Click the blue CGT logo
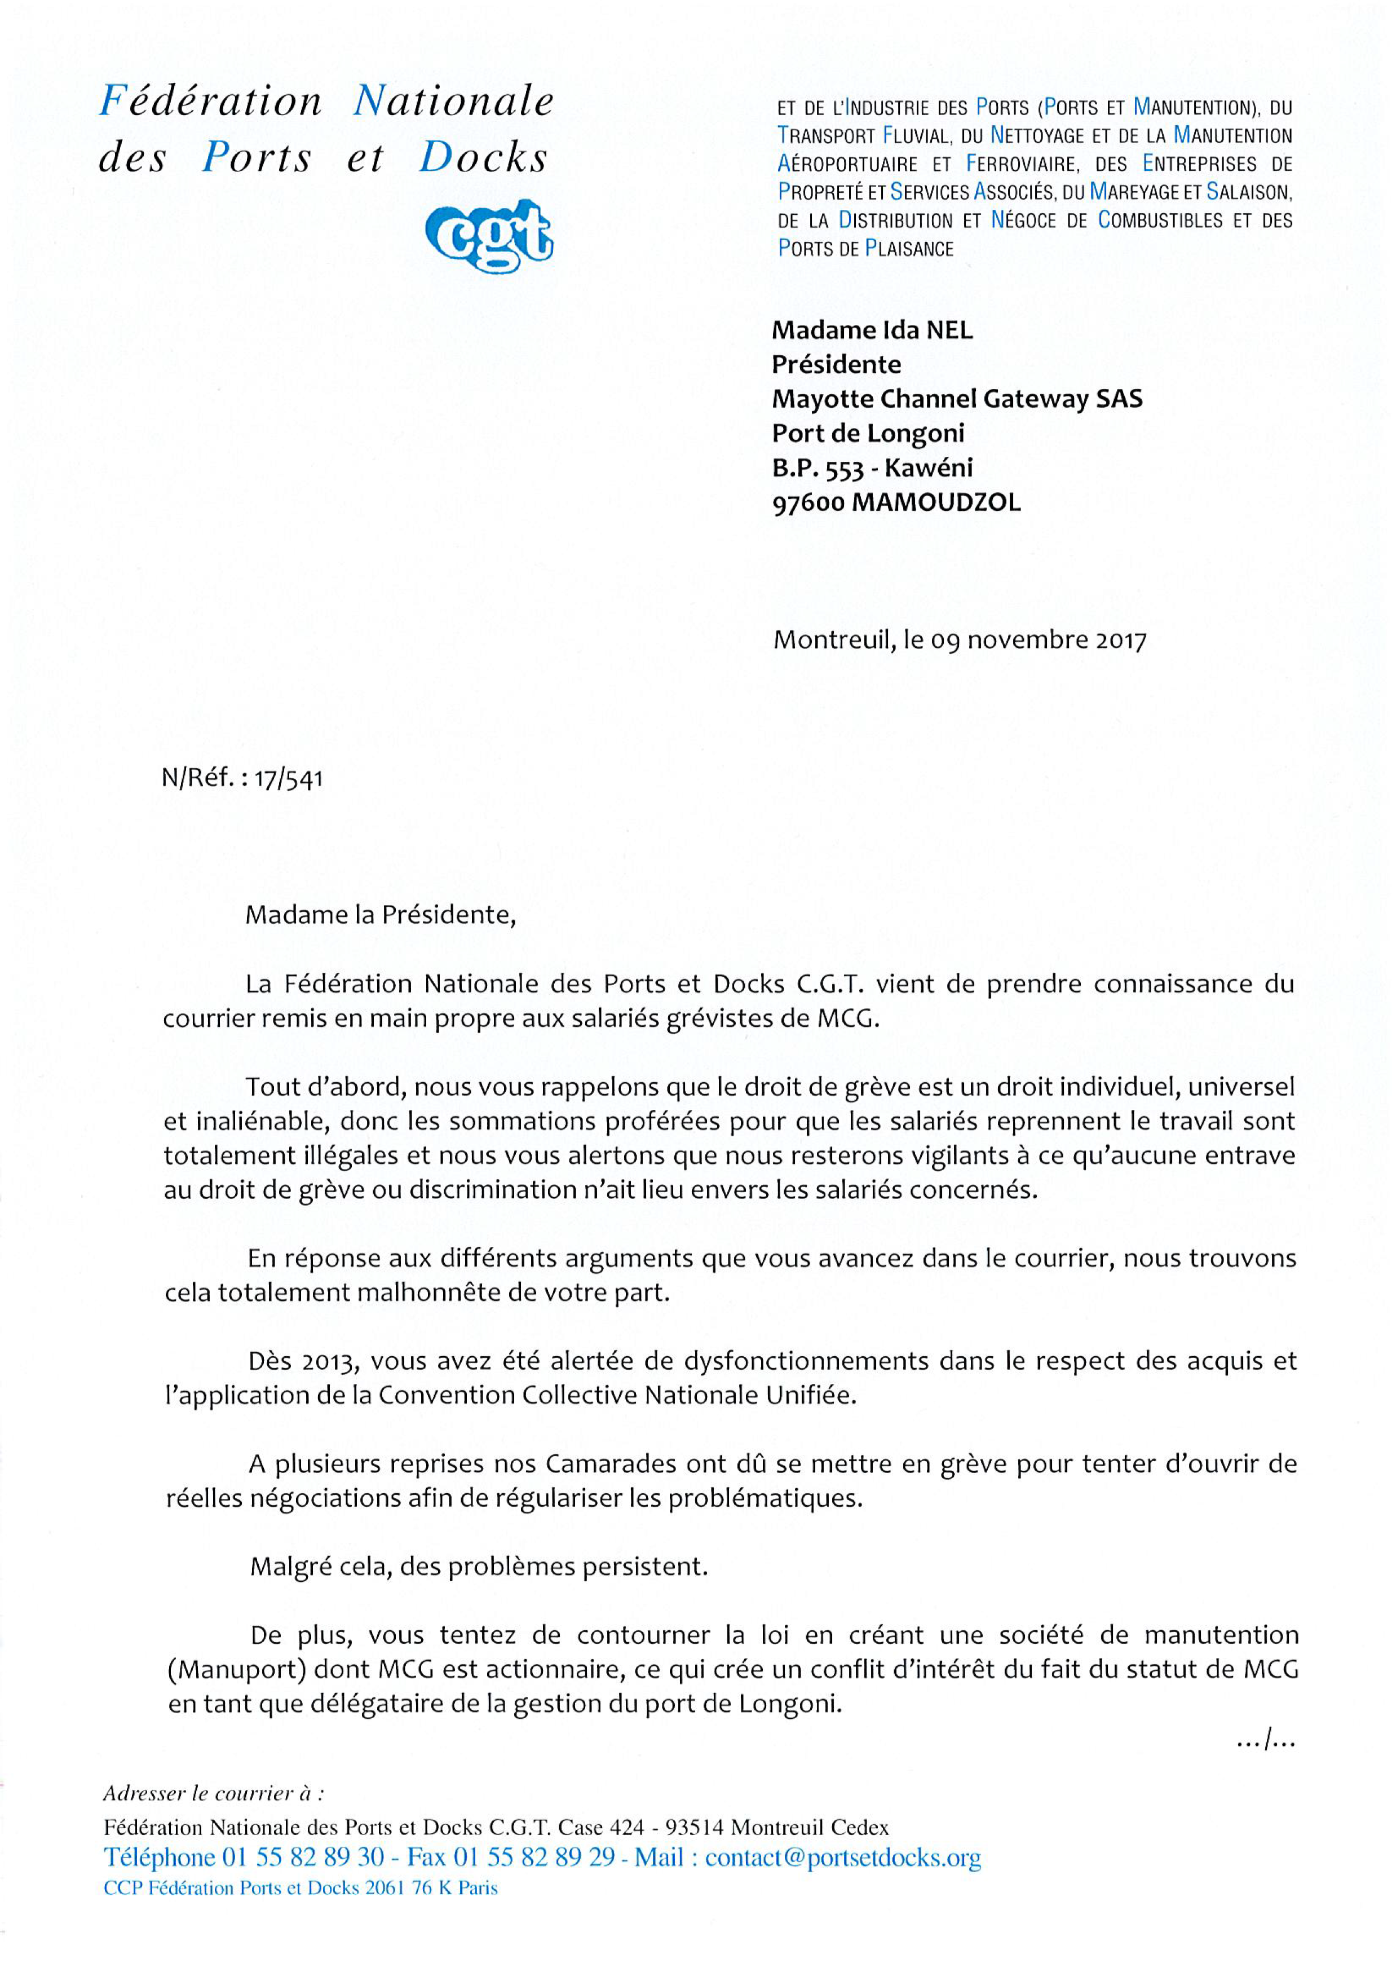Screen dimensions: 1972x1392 pos(489,235)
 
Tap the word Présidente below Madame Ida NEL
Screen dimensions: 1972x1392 pos(836,365)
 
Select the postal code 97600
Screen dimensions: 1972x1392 pos(807,502)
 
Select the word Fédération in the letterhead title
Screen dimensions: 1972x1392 pos(210,102)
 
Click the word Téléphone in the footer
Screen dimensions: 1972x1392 pos(159,1858)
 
